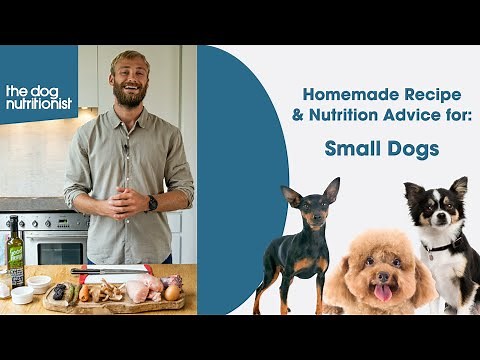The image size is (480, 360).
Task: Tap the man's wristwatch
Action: pyautogui.click(x=152, y=203)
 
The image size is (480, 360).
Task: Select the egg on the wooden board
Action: pyautogui.click(x=173, y=292)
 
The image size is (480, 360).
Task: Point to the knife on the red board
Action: pyautogui.click(x=110, y=270)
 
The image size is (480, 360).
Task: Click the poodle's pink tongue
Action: pyautogui.click(x=384, y=292)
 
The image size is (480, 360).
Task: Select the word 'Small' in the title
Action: pyautogui.click(x=350, y=149)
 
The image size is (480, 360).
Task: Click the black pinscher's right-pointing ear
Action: pyautogui.click(x=330, y=190)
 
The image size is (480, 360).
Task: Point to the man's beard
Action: pyautogui.click(x=129, y=98)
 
